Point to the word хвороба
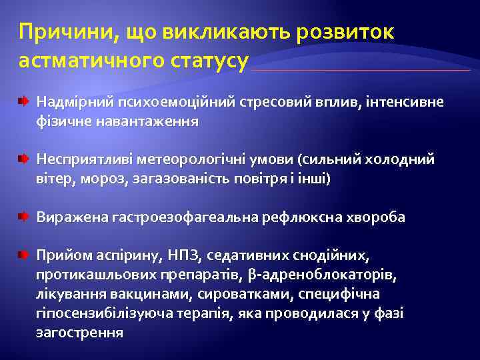(x=377, y=217)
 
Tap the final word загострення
(x=79, y=332)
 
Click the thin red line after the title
(x=360, y=70)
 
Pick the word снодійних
(x=333, y=256)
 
